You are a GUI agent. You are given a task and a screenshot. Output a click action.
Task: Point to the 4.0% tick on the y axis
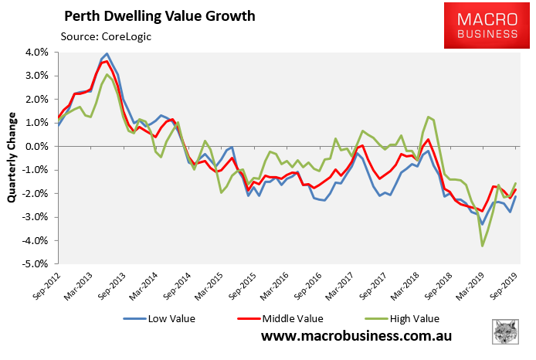click(x=38, y=53)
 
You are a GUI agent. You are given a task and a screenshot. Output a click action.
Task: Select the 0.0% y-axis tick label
click(x=38, y=147)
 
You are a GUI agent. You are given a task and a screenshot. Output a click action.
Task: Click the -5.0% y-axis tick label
click(x=36, y=264)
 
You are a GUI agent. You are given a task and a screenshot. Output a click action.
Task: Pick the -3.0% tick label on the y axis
click(x=36, y=217)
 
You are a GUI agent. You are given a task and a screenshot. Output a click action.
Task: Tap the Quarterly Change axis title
click(x=12, y=158)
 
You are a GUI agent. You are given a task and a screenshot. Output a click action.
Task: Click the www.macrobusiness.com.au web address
click(x=356, y=337)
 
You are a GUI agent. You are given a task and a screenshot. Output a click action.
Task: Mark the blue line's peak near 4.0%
click(x=107, y=54)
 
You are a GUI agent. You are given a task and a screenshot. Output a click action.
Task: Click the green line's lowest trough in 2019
click(x=483, y=246)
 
